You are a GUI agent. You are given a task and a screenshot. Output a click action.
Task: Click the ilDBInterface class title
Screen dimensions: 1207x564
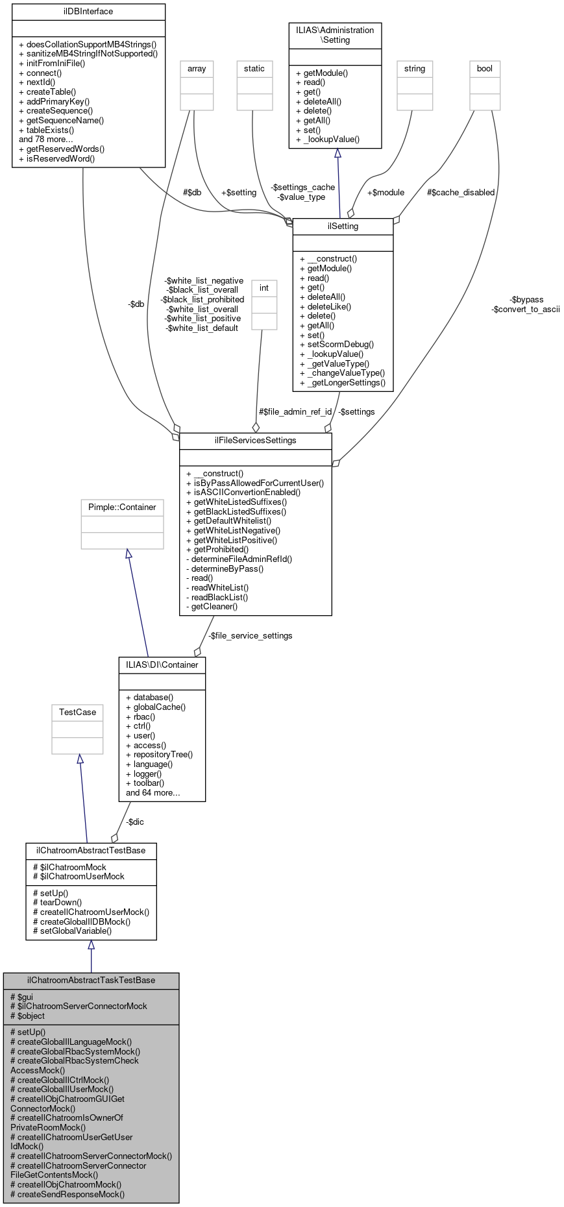point(88,11)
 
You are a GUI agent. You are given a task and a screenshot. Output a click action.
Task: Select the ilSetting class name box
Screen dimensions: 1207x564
point(343,226)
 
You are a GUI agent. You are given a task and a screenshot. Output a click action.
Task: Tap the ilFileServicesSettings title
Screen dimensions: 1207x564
point(255,440)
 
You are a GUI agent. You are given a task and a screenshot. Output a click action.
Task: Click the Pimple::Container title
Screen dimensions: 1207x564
point(122,507)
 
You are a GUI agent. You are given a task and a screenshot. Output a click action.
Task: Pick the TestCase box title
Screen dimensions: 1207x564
point(77,712)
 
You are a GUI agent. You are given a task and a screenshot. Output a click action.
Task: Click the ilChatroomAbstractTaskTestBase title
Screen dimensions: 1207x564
point(91,980)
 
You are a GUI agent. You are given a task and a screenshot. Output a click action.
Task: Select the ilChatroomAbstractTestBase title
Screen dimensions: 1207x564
point(91,850)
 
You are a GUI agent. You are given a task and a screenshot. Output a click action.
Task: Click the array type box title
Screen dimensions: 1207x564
point(197,68)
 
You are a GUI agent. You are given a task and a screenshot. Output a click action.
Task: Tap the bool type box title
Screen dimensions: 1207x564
point(485,68)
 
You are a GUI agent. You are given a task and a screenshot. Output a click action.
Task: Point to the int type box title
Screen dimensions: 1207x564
point(264,287)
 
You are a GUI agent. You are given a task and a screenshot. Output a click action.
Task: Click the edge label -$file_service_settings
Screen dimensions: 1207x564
point(250,635)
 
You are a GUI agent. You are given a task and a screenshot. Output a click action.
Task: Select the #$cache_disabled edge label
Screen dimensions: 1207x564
point(461,192)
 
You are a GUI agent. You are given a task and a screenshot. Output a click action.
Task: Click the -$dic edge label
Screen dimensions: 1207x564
point(135,822)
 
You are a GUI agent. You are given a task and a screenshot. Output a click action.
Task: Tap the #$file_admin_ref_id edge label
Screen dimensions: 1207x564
point(295,411)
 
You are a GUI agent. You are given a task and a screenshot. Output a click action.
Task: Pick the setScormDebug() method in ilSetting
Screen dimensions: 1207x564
point(337,344)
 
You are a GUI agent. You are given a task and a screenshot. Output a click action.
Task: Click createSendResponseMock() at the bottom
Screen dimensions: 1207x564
point(67,1193)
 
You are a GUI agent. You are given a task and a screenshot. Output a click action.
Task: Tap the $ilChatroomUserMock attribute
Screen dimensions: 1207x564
point(79,876)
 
